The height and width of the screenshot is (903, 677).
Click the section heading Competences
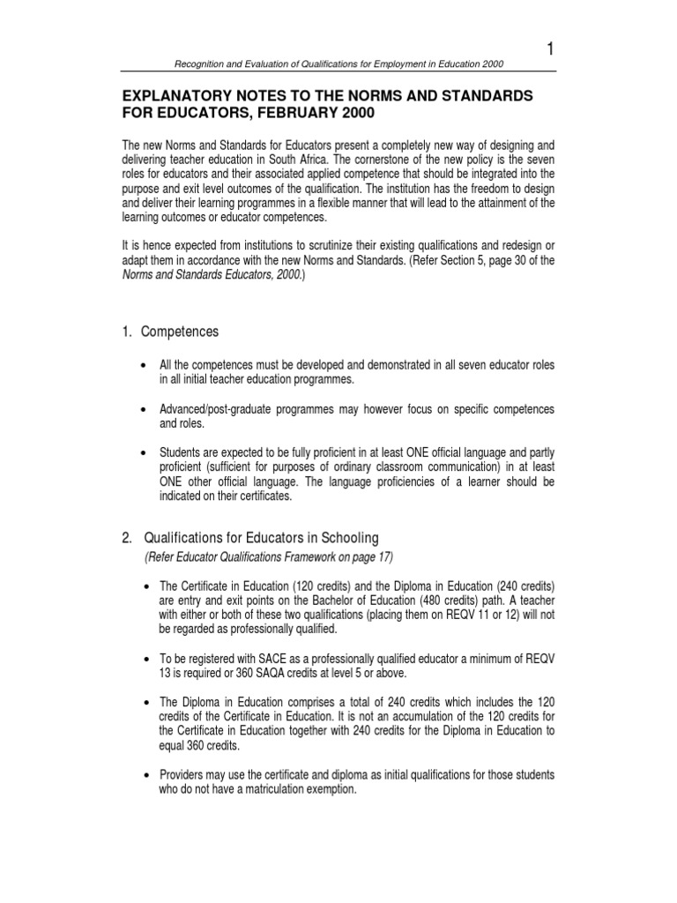point(180,332)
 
